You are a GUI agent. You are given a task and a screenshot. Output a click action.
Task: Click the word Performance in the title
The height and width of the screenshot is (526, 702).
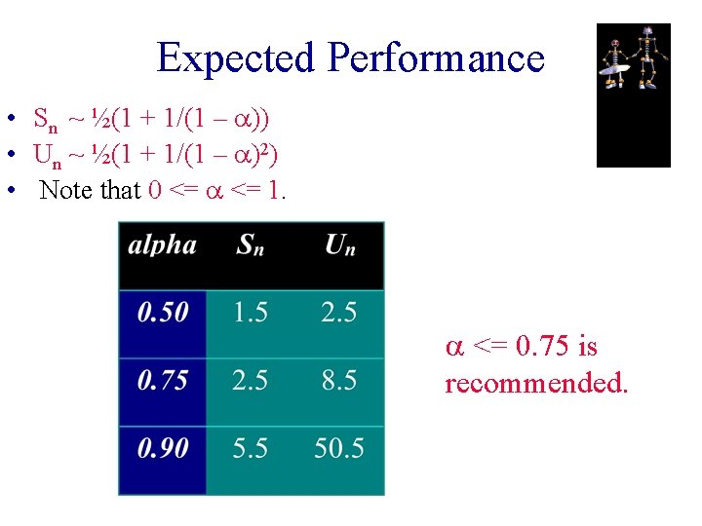point(436,58)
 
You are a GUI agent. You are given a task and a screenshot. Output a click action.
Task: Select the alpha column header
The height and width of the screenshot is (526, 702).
point(162,244)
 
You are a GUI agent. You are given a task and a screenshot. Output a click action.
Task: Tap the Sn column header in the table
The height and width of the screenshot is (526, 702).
point(250,244)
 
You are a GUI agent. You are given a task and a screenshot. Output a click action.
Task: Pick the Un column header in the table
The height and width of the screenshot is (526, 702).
point(339,244)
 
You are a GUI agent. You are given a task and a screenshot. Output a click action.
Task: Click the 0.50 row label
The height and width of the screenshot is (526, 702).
point(163,313)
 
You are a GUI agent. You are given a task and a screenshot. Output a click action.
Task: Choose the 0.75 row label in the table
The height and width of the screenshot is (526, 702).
point(163,380)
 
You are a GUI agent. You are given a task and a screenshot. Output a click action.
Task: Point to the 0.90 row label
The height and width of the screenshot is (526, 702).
point(163,448)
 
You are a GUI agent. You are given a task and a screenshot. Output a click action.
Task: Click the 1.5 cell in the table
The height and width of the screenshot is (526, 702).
point(251,313)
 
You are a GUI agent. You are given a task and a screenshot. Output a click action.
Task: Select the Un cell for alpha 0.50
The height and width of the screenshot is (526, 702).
point(339,313)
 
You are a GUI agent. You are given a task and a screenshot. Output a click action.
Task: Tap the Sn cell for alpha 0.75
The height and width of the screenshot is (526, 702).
point(251,380)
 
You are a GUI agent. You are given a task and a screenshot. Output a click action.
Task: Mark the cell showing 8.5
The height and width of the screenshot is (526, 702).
point(339,380)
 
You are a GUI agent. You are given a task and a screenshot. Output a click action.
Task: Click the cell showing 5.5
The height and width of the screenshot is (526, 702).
point(251,448)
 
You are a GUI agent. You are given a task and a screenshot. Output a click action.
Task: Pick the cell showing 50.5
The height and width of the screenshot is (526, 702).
point(339,448)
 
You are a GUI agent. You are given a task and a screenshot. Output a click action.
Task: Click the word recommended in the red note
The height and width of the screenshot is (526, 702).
point(536,383)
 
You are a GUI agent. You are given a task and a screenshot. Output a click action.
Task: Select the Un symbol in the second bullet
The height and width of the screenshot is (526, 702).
point(46,156)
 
